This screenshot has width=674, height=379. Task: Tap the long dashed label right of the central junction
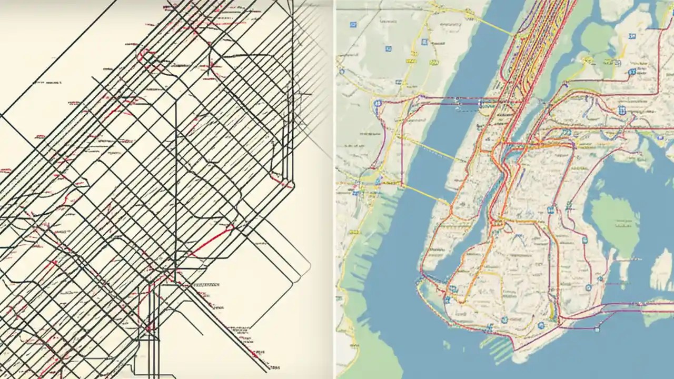(x=208, y=285)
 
